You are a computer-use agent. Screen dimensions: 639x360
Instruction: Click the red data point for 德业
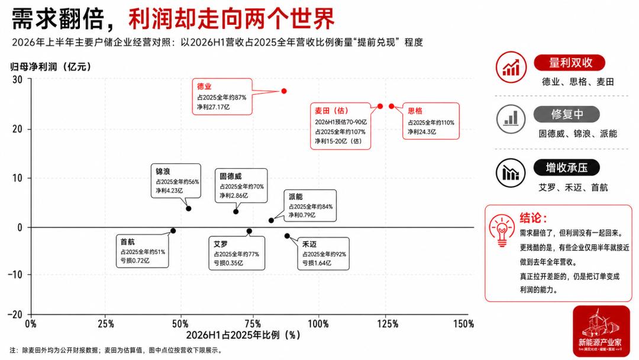click(x=284, y=91)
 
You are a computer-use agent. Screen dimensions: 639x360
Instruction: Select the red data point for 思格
click(x=392, y=106)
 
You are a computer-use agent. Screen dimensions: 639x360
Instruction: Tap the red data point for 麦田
click(x=380, y=106)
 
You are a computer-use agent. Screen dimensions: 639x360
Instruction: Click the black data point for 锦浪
click(x=189, y=209)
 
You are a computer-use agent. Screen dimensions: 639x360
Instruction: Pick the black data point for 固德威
click(x=236, y=211)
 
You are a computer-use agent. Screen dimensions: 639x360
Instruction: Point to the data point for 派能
click(x=272, y=221)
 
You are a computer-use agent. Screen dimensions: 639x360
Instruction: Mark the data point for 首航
click(x=173, y=231)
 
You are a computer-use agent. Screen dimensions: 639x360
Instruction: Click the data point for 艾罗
click(x=250, y=231)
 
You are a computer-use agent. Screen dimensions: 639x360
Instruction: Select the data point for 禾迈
click(x=288, y=236)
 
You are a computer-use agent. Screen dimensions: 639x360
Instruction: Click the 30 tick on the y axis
click(x=17, y=79)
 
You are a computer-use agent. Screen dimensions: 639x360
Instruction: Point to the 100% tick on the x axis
click(x=318, y=324)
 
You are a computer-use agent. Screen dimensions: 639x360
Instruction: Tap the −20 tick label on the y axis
click(x=15, y=314)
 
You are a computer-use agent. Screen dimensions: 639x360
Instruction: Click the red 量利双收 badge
click(x=570, y=63)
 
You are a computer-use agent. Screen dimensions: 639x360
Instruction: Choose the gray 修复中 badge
click(x=567, y=114)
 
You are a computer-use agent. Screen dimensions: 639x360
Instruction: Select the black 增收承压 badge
click(x=567, y=168)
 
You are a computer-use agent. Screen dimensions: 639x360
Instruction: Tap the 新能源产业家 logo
click(x=601, y=330)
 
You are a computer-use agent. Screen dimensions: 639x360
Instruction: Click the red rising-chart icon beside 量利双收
click(x=511, y=67)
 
